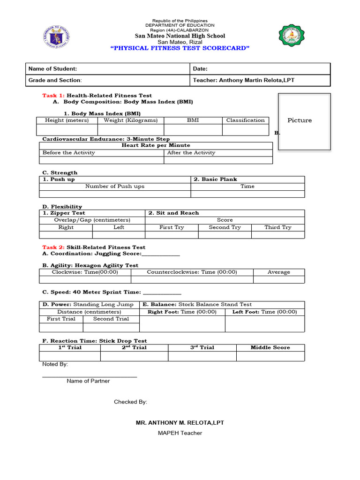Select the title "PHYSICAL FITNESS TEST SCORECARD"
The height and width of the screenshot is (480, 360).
[180, 48]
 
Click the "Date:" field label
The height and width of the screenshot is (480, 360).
[200, 69]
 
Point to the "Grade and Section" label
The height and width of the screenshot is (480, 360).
[55, 81]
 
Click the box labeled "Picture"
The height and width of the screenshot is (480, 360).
[304, 121]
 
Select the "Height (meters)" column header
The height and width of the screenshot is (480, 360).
[67, 120]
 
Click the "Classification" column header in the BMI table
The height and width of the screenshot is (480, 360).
[245, 120]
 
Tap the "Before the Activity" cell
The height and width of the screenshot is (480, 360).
[68, 153]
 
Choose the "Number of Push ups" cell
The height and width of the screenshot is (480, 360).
[115, 187]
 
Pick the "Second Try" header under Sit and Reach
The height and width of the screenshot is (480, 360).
[225, 227]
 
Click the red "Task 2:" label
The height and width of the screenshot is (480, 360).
[53, 247]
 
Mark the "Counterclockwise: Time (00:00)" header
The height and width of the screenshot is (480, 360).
[192, 272]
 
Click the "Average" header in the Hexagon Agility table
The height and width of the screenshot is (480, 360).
[278, 272]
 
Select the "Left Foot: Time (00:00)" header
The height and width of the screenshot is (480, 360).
[264, 312]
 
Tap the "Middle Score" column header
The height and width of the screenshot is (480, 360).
[270, 348]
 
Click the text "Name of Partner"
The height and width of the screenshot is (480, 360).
[88, 381]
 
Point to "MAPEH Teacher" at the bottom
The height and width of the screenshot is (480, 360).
[180, 433]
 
